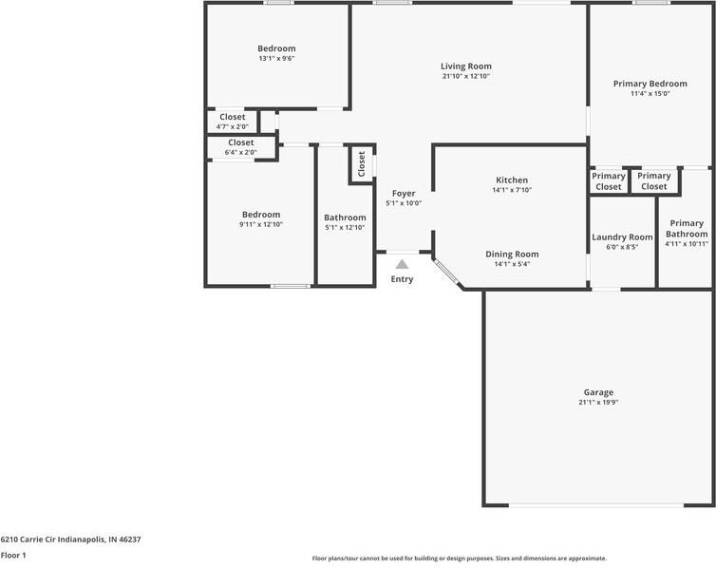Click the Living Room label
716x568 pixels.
465,66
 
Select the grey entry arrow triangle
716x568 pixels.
402,265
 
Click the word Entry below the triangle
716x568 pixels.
402,279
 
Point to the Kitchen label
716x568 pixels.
512,180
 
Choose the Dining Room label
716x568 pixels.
512,254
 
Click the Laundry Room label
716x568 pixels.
622,237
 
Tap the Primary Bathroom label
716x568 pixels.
686,229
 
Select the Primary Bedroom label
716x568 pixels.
650,84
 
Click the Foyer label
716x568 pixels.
404,193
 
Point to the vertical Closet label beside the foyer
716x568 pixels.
361,164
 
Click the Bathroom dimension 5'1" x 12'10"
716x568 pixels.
345,227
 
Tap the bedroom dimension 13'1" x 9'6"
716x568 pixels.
276,59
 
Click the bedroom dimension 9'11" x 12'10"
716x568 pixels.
260,224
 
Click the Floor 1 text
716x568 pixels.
13,555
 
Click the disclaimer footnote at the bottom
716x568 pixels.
459,559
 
